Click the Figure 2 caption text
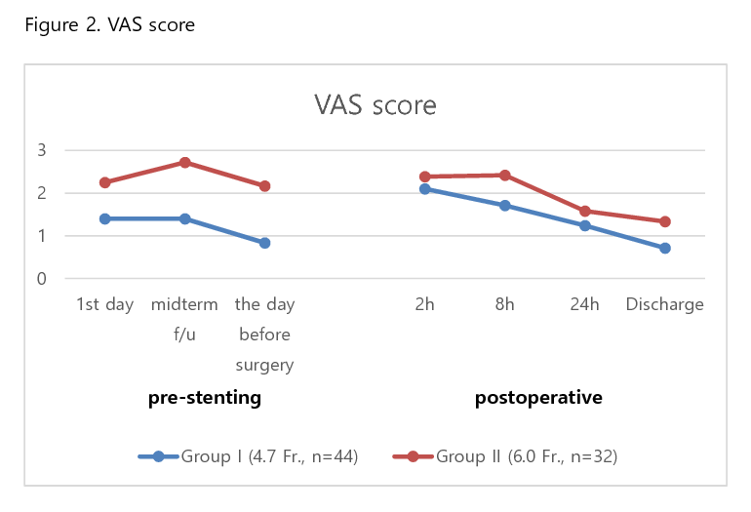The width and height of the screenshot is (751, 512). [109, 24]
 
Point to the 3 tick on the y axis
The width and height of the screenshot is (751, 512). [42, 150]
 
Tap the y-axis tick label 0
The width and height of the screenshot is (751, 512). [42, 279]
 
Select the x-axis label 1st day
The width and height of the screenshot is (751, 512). [104, 304]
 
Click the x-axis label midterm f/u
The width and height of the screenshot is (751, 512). [184, 320]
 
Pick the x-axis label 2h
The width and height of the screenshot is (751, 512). [424, 304]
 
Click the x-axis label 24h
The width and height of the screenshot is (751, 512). [584, 304]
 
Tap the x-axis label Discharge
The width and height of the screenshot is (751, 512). [664, 304]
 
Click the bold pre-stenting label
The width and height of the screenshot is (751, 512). [205, 398]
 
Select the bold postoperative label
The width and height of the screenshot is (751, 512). [538, 398]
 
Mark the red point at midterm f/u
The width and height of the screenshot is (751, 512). [184, 163]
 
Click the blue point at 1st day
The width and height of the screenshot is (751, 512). [104, 218]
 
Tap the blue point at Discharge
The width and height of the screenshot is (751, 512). [665, 248]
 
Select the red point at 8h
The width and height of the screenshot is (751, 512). [505, 176]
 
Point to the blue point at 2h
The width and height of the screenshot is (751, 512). [424, 188]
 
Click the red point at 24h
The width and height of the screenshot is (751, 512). [585, 211]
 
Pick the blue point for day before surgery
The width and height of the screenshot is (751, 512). [264, 243]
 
